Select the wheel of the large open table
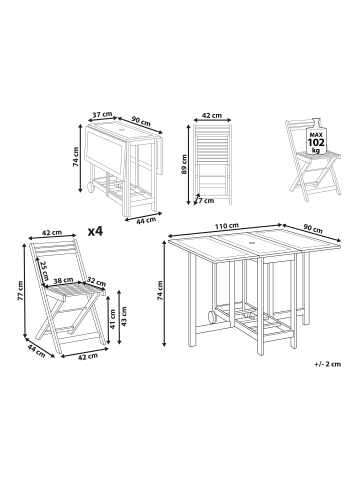click(x=211, y=319)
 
